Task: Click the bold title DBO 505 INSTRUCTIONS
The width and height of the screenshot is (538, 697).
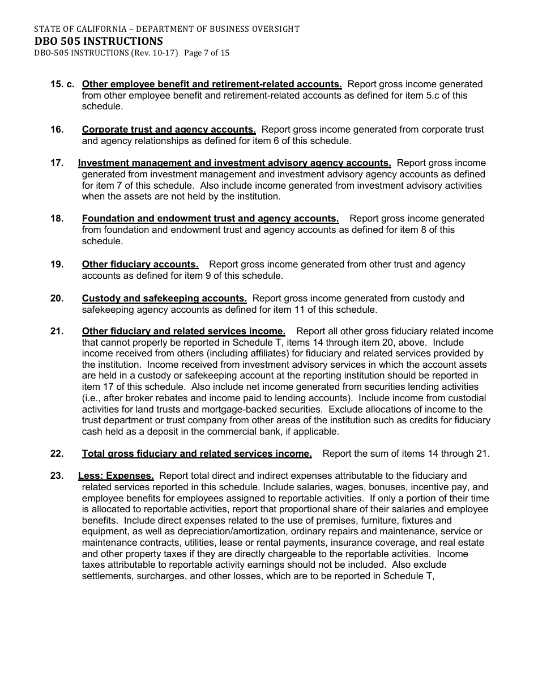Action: pyautogui.click(x=99, y=41)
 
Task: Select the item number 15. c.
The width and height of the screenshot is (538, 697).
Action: pyautogui.click(x=62, y=84)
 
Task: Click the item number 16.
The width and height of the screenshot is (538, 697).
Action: pyautogui.click(x=57, y=130)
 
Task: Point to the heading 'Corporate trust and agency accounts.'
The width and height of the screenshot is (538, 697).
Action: pyautogui.click(x=169, y=130)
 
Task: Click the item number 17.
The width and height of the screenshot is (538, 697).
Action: pyautogui.click(x=57, y=163)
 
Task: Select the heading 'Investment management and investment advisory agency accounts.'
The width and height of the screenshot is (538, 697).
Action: pyautogui.click(x=234, y=163)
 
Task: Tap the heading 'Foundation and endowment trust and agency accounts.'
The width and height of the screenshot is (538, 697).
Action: pyautogui.click(x=210, y=219)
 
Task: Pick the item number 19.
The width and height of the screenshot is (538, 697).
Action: pyautogui.click(x=57, y=265)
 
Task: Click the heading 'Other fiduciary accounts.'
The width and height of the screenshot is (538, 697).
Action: pyautogui.click(x=140, y=265)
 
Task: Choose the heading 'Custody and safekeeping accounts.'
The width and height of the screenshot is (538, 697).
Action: pyautogui.click(x=164, y=299)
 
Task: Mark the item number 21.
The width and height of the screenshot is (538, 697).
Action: pyautogui.click(x=57, y=331)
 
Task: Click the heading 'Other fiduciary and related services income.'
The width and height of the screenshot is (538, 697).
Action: pyautogui.click(x=183, y=331)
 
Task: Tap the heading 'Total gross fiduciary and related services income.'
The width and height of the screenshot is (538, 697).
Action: pyautogui.click(x=197, y=453)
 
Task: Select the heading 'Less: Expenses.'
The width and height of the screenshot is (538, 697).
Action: pyautogui.click(x=116, y=476)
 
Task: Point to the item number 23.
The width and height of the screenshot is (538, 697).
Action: pyautogui.click(x=57, y=476)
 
